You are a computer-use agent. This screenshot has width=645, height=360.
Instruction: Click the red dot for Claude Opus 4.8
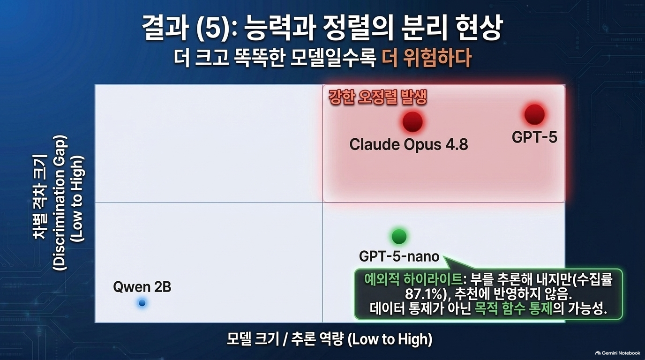point(412,121)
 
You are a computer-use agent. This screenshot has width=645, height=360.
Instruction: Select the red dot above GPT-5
point(534,115)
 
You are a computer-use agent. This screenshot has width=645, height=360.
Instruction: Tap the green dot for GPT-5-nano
point(399,236)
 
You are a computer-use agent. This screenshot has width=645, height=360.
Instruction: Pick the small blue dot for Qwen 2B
point(142,303)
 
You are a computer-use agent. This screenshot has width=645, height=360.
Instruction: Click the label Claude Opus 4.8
point(409,144)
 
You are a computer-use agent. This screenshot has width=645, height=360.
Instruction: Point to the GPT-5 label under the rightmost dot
point(534,137)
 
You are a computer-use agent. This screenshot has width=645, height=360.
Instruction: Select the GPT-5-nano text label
point(399,256)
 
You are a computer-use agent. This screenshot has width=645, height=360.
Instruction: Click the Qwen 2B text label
point(142,287)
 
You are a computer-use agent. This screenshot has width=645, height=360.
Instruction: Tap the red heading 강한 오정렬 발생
point(377,97)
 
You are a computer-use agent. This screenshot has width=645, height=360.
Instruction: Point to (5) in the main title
point(214,28)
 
